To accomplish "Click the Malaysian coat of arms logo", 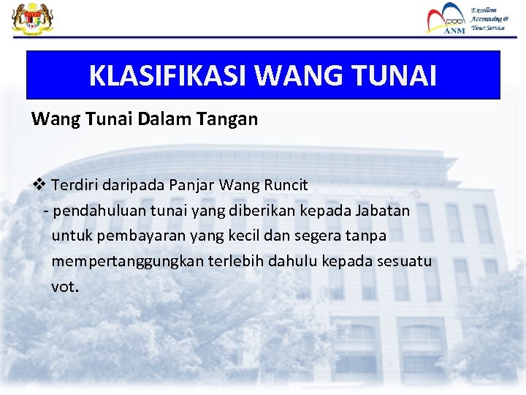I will [x=28, y=18].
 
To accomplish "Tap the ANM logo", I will [x=446, y=18].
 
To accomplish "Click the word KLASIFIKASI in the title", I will [x=169, y=75].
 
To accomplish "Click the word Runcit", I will [x=283, y=185].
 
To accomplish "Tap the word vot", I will [x=63, y=287].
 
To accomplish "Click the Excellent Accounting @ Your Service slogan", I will [x=487, y=19].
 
